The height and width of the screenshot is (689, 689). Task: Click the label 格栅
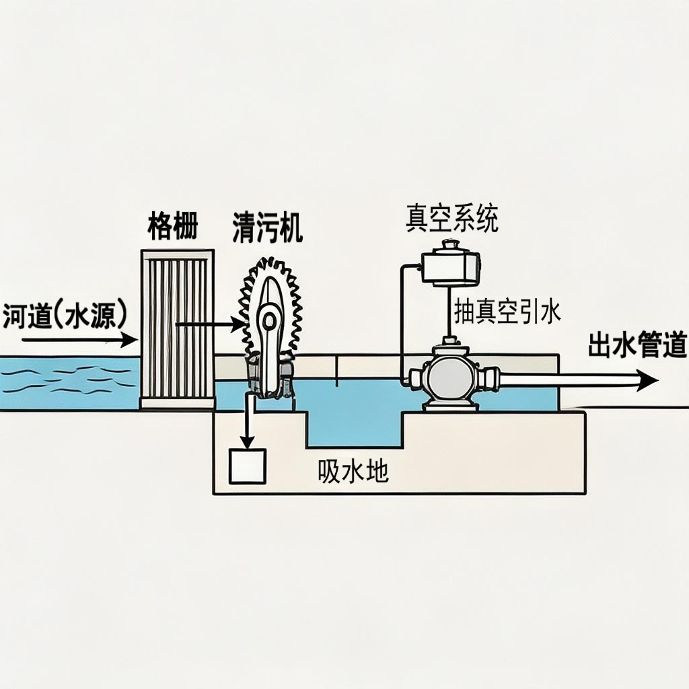pos(172,228)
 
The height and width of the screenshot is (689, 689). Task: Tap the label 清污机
pos(267,228)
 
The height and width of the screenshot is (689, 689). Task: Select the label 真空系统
pos(451,219)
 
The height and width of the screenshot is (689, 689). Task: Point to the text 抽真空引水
pos(507,312)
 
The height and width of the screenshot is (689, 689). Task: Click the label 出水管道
pos(637,345)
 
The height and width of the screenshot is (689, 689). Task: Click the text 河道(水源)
pos(65,316)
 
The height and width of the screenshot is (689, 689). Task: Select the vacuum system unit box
pos(449,266)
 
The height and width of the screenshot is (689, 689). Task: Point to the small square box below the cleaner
pos(248,466)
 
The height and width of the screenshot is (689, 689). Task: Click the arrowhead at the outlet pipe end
pos(648,381)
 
